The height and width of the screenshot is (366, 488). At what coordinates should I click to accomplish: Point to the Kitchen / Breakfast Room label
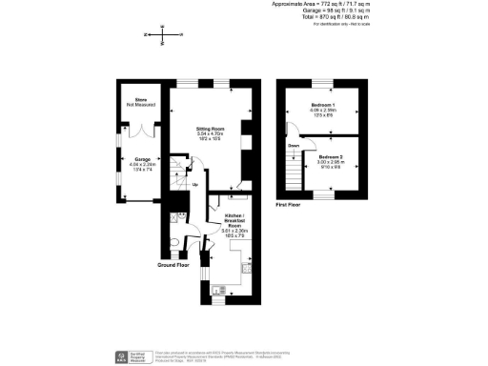234,220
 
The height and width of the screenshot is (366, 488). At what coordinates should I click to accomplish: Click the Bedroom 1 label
324,103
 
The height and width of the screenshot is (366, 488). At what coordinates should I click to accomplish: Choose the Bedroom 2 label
330,155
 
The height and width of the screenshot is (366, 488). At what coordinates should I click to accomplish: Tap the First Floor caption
288,205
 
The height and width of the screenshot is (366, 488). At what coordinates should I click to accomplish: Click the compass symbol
163,35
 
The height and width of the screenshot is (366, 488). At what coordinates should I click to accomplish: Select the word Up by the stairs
195,185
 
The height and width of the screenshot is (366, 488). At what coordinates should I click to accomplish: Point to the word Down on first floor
294,146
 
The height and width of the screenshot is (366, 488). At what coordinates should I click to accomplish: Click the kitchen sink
219,288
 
